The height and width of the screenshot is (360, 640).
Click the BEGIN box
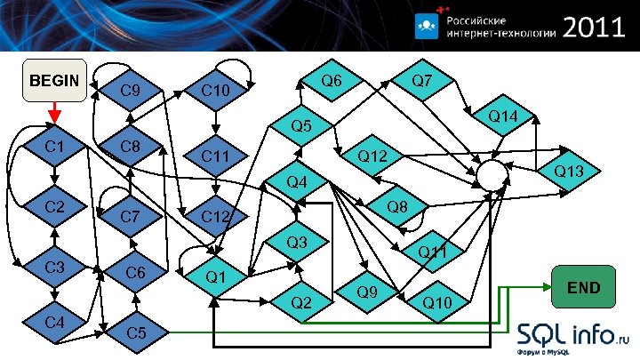coord(54,81)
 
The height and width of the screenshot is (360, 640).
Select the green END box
coord(583,287)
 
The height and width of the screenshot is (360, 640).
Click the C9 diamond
coord(130,90)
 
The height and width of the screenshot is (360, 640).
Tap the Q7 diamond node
coord(422,81)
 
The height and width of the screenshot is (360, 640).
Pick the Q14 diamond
coord(503,116)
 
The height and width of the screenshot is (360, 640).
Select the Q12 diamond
coord(372,157)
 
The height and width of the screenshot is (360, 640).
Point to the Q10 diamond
coord(437,302)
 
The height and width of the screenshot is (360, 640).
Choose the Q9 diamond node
coord(366,291)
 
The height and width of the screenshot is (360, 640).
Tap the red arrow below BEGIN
coord(54,114)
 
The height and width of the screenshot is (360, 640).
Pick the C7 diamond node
coord(130,215)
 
